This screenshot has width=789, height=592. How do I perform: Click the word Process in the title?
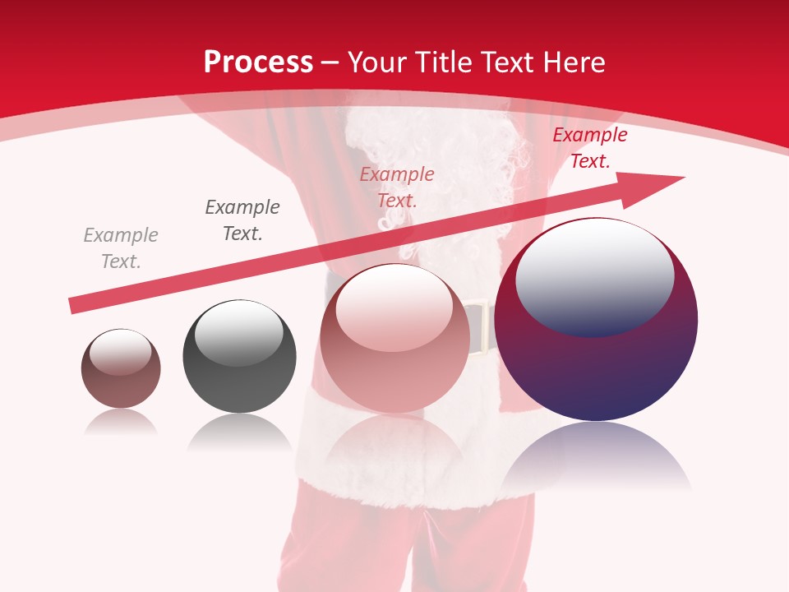pos(258,62)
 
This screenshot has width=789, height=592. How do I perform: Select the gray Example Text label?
pos(121,248)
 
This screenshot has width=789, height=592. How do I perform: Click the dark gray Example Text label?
pos(242,220)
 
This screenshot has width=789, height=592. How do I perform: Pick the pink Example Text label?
pos(397,187)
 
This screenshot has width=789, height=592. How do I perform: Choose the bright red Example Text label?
pos(589,148)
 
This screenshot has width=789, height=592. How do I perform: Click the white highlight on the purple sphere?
pos(594,275)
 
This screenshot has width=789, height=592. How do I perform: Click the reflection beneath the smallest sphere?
pos(121,423)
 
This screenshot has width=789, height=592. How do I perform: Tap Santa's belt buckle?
pos(479,329)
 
